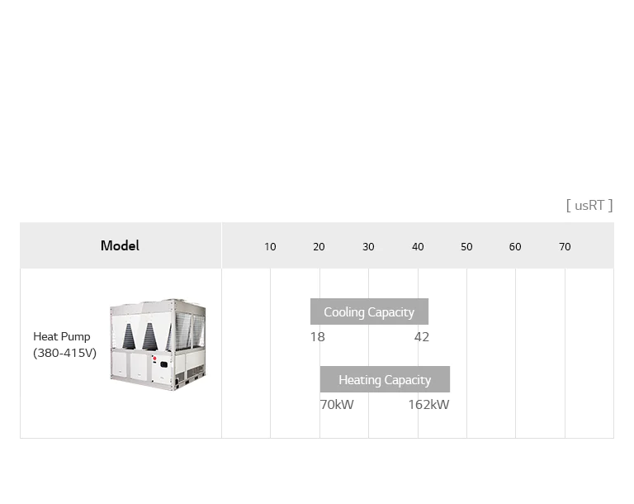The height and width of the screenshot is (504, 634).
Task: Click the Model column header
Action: click(120, 245)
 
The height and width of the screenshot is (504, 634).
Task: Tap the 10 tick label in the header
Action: click(270, 247)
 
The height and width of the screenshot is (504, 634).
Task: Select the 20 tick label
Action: click(319, 247)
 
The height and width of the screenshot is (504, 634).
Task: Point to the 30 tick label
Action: click(368, 247)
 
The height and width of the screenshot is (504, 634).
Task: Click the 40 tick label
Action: click(418, 247)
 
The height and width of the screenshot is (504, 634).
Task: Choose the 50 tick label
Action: click(466, 247)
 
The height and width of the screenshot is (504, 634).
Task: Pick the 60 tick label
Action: click(515, 247)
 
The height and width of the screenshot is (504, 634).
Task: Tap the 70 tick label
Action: click(565, 247)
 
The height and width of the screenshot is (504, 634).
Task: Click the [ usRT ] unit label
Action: click(589, 205)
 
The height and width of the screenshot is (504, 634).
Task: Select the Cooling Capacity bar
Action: click(369, 311)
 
